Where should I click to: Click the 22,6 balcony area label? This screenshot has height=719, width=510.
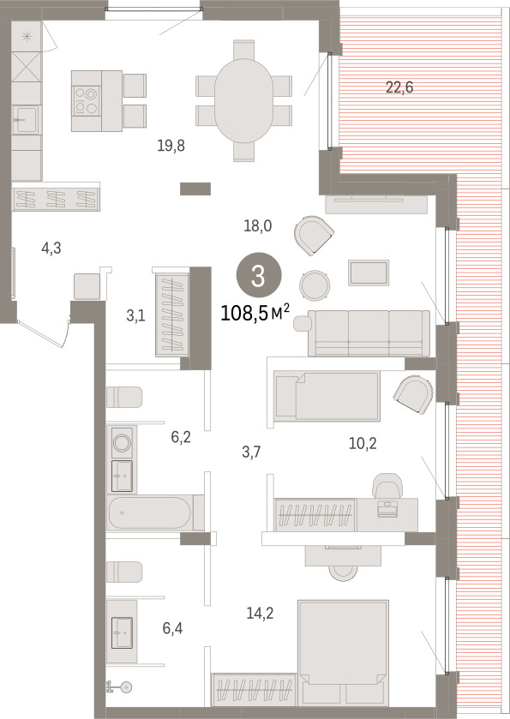coord(399,87)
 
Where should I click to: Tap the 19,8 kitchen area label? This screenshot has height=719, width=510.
coord(171,146)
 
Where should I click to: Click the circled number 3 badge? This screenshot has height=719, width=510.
coord(259,277)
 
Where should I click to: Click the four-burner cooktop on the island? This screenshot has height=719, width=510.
coord(87,101)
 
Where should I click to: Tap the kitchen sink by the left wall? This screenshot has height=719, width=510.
coord(25,120)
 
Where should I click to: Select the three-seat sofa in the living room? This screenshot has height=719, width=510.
coord(369,333)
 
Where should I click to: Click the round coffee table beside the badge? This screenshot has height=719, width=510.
coord(315,285)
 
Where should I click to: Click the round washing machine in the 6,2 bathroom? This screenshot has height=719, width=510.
coord(122,442)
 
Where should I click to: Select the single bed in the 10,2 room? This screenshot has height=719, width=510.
coord(327,396)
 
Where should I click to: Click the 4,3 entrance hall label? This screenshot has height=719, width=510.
coord(51,249)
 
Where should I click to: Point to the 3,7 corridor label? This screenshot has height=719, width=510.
coord(251,452)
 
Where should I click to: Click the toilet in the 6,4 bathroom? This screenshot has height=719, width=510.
coord(124,572)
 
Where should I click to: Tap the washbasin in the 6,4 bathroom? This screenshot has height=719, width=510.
coord(122,632)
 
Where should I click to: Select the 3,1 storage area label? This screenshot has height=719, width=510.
coord(135,315)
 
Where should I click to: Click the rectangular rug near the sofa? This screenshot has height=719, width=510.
coord(369,273)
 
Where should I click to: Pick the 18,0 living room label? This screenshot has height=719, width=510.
coord(258,225)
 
